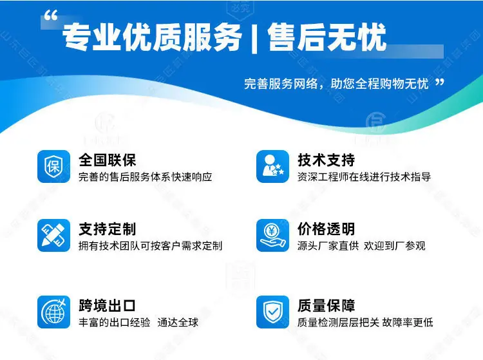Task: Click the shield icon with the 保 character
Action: click(x=54, y=166)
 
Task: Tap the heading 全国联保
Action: click(x=107, y=160)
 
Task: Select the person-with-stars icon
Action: click(x=272, y=166)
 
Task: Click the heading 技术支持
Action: click(x=327, y=160)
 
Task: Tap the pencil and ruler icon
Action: click(x=54, y=235)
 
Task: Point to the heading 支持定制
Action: click(x=107, y=229)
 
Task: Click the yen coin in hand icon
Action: click(x=272, y=235)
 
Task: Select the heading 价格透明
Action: click(x=327, y=229)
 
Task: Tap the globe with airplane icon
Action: click(x=54, y=312)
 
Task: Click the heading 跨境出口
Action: click(x=107, y=305)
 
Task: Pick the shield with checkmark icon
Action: click(x=272, y=312)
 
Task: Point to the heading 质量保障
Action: click(x=327, y=305)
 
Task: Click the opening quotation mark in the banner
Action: click(x=51, y=15)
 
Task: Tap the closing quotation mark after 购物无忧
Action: click(x=440, y=82)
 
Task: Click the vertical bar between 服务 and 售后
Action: click(x=254, y=38)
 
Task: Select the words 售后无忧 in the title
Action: click(x=327, y=37)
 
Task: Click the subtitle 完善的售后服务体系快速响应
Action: click(x=146, y=176)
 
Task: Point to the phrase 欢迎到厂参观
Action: click(x=395, y=246)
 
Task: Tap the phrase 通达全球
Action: click(x=178, y=323)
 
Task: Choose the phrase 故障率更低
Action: click(x=408, y=323)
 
